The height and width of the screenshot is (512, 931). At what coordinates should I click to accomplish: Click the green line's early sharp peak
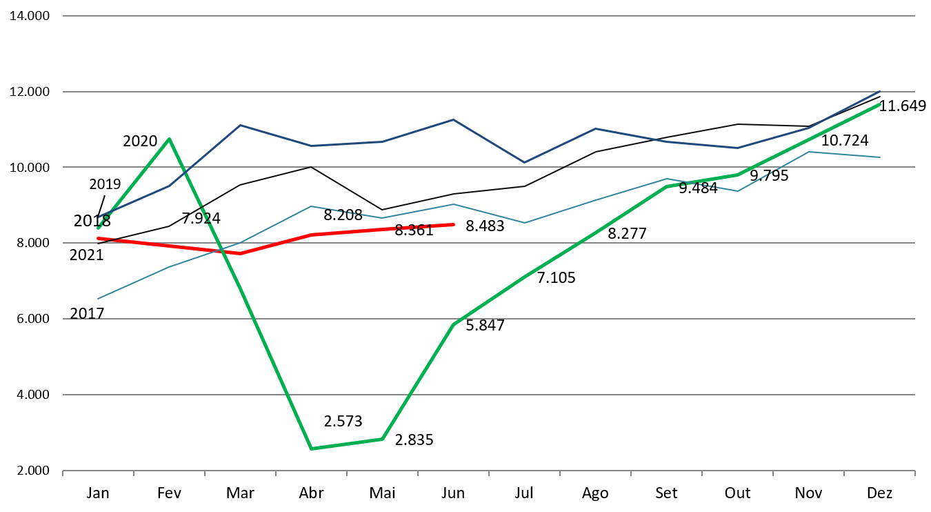pos(169,139)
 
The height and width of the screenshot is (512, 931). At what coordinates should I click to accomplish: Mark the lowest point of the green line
pos(311,449)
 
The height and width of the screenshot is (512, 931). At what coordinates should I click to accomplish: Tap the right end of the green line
pos(880,104)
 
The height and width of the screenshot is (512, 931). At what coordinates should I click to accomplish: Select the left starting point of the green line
pos(98,228)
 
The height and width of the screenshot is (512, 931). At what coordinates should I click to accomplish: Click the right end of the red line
pos(454,224)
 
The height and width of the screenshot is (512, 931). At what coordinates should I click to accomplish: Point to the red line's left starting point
pos(98,238)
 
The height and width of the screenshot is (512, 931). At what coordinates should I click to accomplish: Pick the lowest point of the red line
pos(240,253)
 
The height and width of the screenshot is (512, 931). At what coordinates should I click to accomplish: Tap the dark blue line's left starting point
pos(98,217)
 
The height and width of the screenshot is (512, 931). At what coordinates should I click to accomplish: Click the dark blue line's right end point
pos(880,91)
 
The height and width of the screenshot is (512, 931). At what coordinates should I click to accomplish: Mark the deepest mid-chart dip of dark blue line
pos(524,163)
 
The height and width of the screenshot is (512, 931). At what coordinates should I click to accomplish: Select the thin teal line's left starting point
pos(98,299)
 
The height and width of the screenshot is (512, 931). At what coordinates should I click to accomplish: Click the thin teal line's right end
pos(880,157)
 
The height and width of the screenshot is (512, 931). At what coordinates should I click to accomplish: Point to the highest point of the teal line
pos(808,152)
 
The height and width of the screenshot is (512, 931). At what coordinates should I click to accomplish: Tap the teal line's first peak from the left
pos(311,206)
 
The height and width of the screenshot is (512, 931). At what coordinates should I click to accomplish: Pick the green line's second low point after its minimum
pos(382,439)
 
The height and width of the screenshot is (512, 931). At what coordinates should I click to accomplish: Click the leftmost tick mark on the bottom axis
pos(63,473)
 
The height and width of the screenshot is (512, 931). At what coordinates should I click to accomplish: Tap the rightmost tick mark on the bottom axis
pos(914,473)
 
